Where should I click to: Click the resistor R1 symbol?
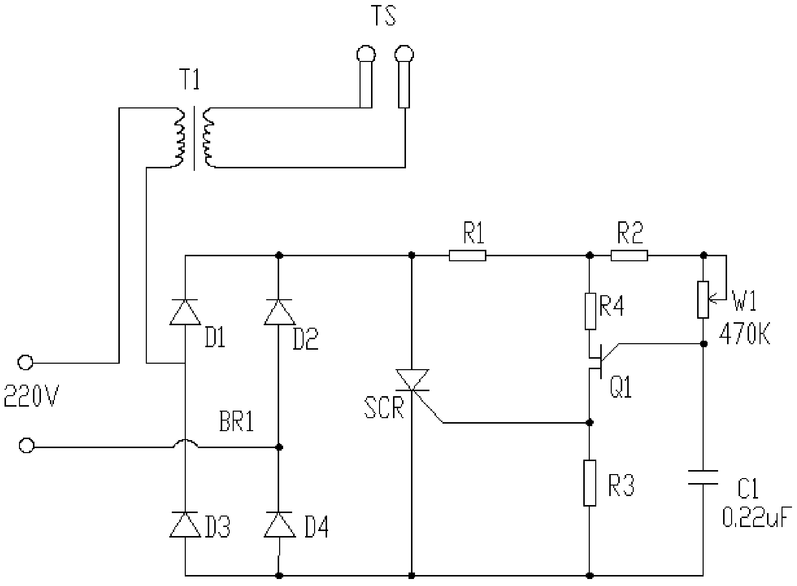click(467, 256)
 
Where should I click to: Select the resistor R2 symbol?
click(629, 256)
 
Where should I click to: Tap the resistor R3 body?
click(590, 483)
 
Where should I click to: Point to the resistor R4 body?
click(590, 311)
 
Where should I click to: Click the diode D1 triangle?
click(185, 312)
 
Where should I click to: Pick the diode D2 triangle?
click(279, 312)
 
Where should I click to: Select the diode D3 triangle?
click(185, 525)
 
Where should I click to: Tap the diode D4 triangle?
click(279, 525)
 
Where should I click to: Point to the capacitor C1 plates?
click(703, 477)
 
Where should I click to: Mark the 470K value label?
click(745, 334)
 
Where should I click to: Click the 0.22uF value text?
click(757, 519)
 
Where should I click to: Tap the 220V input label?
click(31, 397)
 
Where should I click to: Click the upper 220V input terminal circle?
click(25, 362)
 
